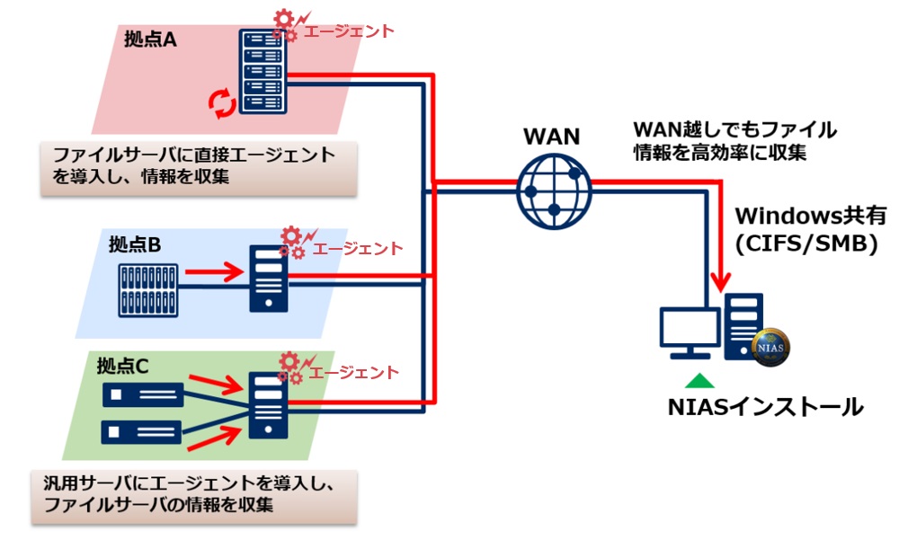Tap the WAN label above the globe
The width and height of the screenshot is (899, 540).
pyautogui.click(x=552, y=137)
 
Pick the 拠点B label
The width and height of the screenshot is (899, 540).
pyautogui.click(x=135, y=243)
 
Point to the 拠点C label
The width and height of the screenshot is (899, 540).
pyautogui.click(x=122, y=366)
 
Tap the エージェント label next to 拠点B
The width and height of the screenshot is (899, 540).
pyautogui.click(x=359, y=249)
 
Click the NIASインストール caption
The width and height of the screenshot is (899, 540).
pyautogui.click(x=765, y=407)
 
